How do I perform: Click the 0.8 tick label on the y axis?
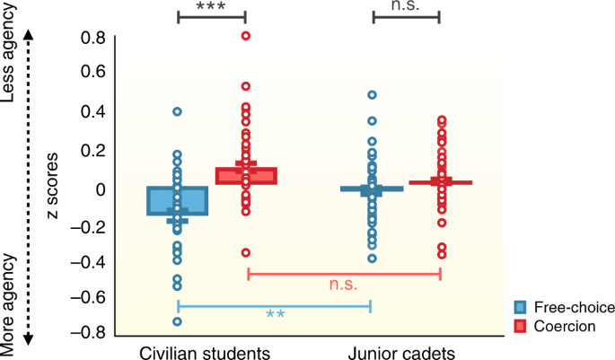coord(93,38)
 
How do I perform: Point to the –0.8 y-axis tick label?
coord(88,332)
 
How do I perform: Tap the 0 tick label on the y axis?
coord(101,189)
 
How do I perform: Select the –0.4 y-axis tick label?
coord(88,261)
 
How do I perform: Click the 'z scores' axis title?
coord(52,186)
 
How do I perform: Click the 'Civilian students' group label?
coord(205,353)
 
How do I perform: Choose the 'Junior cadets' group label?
coord(401,353)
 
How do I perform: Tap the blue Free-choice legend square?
coord(520,307)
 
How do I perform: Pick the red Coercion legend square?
coord(520,327)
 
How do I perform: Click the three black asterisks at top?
coord(211,6)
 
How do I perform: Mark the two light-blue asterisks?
coord(276,313)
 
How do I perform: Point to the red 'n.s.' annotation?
coord(343,285)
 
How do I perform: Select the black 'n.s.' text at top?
coord(405,5)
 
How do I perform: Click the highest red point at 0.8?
coord(245,36)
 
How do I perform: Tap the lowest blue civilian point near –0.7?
coord(177,321)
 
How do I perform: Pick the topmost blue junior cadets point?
coord(372,94)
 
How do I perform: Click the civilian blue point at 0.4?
coord(177,111)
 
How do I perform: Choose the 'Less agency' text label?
coord(9,53)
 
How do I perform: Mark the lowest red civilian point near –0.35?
coord(245,252)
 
